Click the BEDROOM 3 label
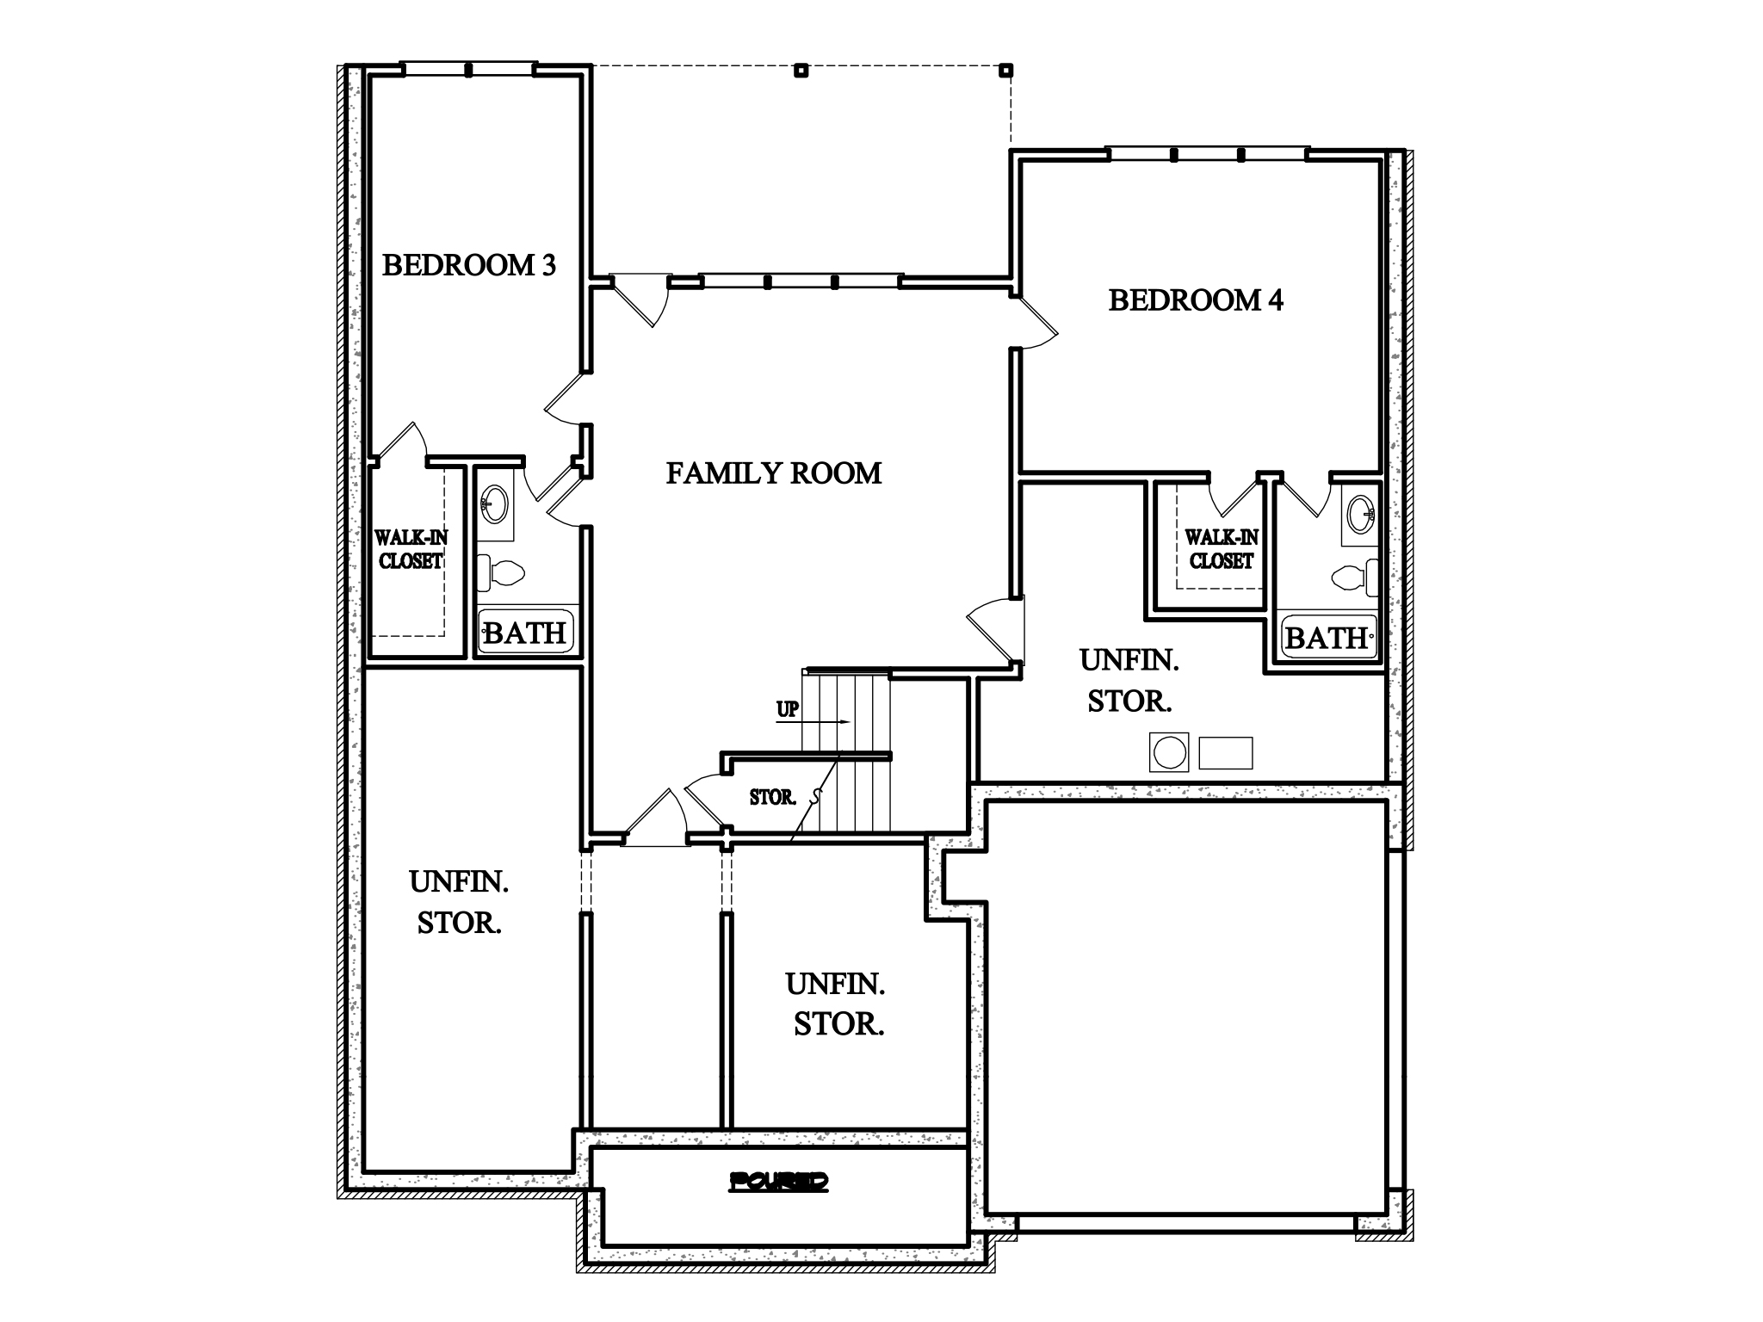469,265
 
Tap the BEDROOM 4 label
1195,300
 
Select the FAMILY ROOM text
773,473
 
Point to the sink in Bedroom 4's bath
1362,514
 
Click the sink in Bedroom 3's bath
495,503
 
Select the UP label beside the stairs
787,710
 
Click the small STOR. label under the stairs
772,798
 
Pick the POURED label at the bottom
778,1182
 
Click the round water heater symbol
1169,752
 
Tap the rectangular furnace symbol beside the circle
1226,752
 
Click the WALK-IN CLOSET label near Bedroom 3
411,550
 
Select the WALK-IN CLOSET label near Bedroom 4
1221,549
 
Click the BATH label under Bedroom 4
1326,638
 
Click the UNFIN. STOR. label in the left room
459,902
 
